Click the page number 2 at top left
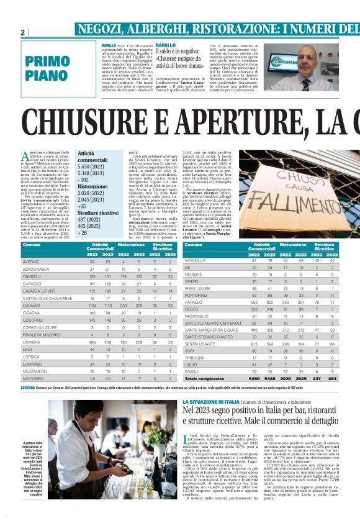pyautogui.click(x=23, y=32)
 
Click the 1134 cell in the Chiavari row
pyautogui.click(x=92, y=306)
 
